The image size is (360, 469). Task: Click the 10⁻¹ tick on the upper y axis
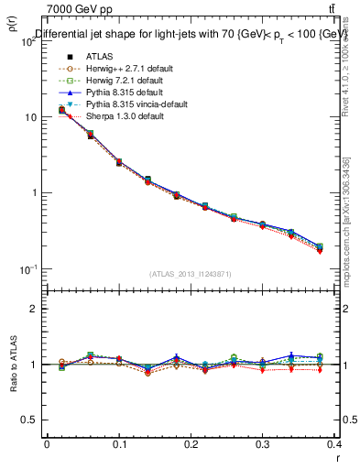(27, 269)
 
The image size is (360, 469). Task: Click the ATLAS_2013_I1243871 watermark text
(191, 274)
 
